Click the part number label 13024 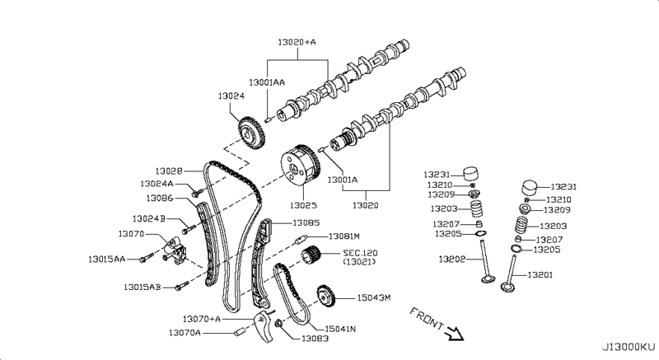tap(231, 96)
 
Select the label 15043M tap(374, 297)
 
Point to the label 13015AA tap(108, 259)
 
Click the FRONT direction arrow tap(453, 334)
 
